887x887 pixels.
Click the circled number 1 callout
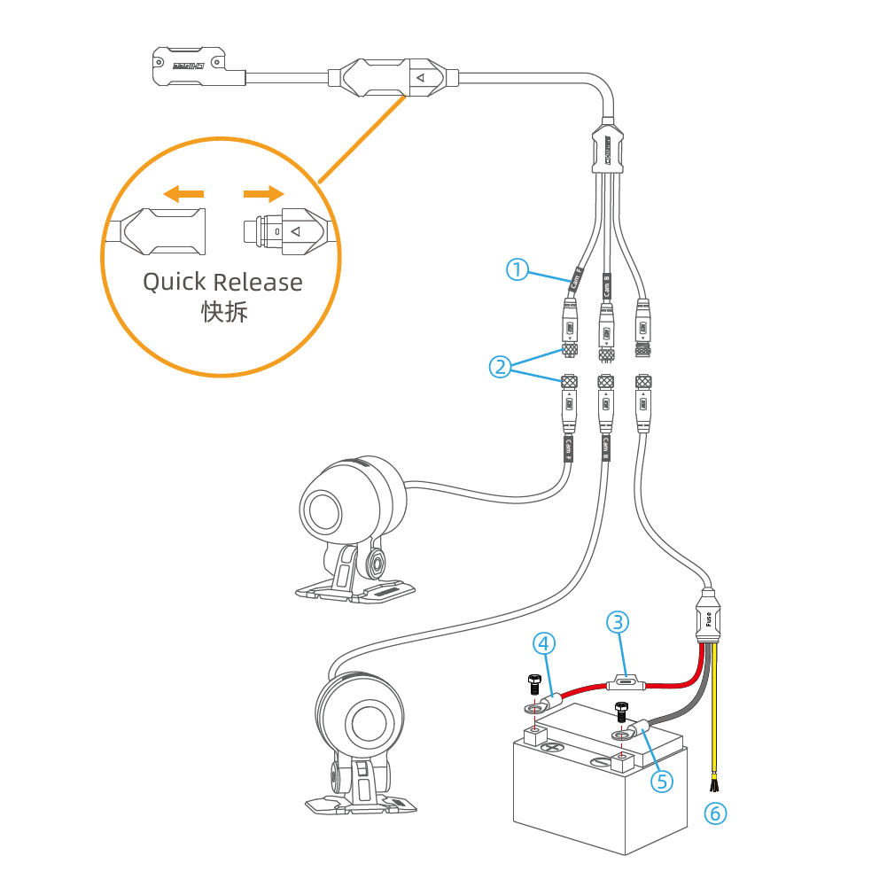point(518,268)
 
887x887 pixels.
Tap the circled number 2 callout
point(501,365)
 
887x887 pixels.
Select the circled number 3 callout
point(618,622)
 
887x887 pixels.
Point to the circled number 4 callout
point(543,644)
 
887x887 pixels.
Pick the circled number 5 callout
point(661,781)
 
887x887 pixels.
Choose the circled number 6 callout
point(716,812)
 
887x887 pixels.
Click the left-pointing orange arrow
point(184,192)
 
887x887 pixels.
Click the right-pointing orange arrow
point(264,193)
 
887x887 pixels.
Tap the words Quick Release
point(222,283)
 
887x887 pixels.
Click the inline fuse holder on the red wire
point(626,682)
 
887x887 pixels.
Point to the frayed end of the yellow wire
point(712,783)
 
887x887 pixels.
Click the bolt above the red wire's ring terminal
point(533,683)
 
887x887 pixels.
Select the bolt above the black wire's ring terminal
point(620,712)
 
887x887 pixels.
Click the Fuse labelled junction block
point(709,615)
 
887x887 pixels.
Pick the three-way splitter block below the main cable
point(608,148)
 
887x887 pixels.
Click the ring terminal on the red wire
point(534,707)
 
